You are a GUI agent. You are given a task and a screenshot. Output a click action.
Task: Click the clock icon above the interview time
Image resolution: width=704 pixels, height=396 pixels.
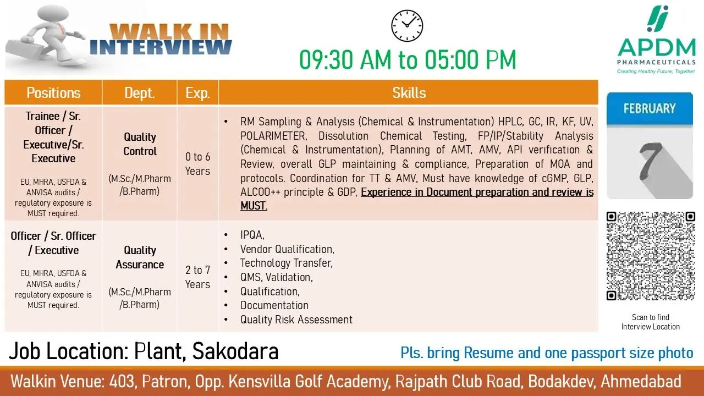coord(407,26)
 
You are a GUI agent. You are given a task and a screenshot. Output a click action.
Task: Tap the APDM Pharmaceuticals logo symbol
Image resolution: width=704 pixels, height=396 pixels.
coord(657,19)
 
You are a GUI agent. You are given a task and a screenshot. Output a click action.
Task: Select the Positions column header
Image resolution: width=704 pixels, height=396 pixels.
coord(53,93)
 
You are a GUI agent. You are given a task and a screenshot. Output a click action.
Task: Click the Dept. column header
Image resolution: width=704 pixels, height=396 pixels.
coord(140,93)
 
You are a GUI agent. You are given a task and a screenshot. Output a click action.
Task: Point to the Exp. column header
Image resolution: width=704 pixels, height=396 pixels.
coord(197,93)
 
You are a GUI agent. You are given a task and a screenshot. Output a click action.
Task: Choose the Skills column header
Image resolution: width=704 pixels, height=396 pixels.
coord(409,93)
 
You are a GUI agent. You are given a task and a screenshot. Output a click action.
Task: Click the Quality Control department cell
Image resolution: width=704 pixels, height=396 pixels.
coord(140,163)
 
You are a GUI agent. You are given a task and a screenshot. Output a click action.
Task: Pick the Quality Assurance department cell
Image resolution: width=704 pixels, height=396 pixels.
coord(140,277)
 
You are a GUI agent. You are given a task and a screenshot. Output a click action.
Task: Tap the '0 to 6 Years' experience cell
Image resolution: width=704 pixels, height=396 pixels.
coord(197,164)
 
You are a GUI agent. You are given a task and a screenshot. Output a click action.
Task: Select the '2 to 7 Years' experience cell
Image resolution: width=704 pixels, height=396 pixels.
coord(197,277)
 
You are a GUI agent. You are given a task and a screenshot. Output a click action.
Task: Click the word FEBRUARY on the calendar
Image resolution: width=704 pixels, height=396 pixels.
coord(650,108)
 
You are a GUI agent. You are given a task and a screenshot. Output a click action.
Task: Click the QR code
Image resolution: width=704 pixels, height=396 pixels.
coord(651,256)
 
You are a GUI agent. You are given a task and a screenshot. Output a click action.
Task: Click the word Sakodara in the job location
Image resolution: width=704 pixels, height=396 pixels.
coord(235,351)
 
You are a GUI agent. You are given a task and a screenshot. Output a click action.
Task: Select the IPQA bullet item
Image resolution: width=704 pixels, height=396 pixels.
coord(252,235)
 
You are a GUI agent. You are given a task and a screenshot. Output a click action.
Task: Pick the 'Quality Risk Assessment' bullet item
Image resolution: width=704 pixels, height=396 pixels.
coord(296,320)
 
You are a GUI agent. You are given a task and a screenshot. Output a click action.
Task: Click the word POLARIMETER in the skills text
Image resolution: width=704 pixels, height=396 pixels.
coord(273,136)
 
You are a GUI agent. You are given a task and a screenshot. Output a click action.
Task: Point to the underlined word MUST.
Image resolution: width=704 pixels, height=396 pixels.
coord(254,206)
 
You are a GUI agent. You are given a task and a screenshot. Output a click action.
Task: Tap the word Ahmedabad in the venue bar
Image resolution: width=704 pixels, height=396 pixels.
coord(641,382)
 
